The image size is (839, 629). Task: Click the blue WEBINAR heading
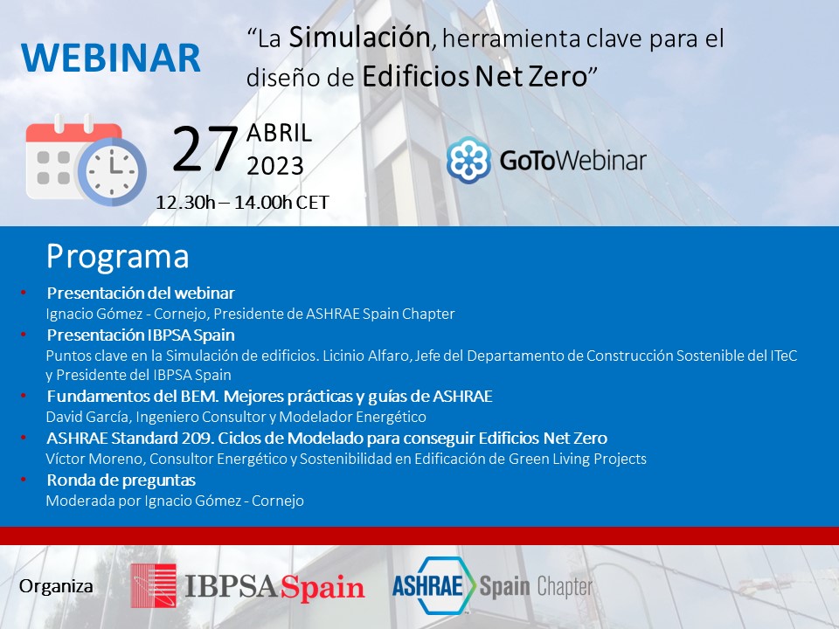[111, 59]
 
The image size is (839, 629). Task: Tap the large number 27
[205, 149]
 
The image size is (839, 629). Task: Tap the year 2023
[275, 166]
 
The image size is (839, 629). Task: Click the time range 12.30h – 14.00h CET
[242, 203]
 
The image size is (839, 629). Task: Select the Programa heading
[117, 256]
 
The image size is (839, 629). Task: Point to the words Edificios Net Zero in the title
[474, 77]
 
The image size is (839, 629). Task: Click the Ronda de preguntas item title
[121, 480]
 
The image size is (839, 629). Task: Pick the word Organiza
[56, 586]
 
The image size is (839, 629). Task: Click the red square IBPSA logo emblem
[153, 585]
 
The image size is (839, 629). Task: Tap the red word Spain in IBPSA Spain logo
[322, 587]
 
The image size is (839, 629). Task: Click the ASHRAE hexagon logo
[433, 585]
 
